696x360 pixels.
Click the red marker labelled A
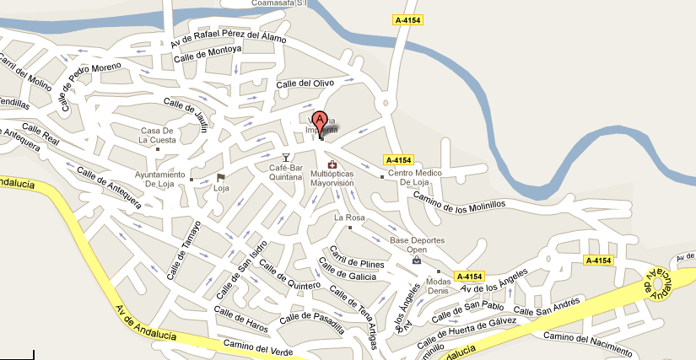[x=320, y=121]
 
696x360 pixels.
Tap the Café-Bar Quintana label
[x=286, y=174]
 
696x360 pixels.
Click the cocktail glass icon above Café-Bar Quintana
[x=286, y=158]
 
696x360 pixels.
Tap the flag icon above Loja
[x=221, y=177]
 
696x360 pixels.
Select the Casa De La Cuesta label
[x=157, y=136]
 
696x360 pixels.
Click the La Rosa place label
[x=349, y=218]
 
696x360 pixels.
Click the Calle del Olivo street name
[x=306, y=83]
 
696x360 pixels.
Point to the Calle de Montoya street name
[x=208, y=54]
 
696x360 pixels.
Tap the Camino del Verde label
[x=257, y=346]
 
